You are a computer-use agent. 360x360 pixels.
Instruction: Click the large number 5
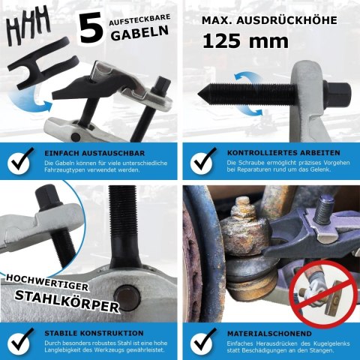click(x=91, y=27)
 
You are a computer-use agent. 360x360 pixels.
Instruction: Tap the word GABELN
click(x=139, y=33)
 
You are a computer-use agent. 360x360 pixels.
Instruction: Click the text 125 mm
click(x=245, y=41)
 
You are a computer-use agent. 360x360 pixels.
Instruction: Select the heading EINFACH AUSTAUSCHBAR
click(x=94, y=153)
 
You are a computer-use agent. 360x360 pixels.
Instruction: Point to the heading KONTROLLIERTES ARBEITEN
click(x=283, y=153)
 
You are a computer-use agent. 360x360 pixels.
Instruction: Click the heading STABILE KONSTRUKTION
click(x=94, y=333)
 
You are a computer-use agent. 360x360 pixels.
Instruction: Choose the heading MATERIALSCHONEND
click(x=269, y=334)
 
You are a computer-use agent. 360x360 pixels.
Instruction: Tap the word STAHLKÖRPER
click(x=67, y=301)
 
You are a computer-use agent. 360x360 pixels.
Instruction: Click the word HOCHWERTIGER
click(x=47, y=283)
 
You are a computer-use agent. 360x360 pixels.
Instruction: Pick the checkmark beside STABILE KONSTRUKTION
click(x=19, y=341)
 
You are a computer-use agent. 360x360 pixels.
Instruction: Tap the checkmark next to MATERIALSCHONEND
click(x=202, y=341)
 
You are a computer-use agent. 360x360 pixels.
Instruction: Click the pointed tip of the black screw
click(x=198, y=94)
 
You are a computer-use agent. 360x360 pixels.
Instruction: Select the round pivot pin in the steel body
click(x=127, y=298)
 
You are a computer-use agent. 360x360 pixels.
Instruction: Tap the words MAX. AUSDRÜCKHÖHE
click(x=269, y=20)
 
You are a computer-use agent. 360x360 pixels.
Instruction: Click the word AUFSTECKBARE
click(x=139, y=20)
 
